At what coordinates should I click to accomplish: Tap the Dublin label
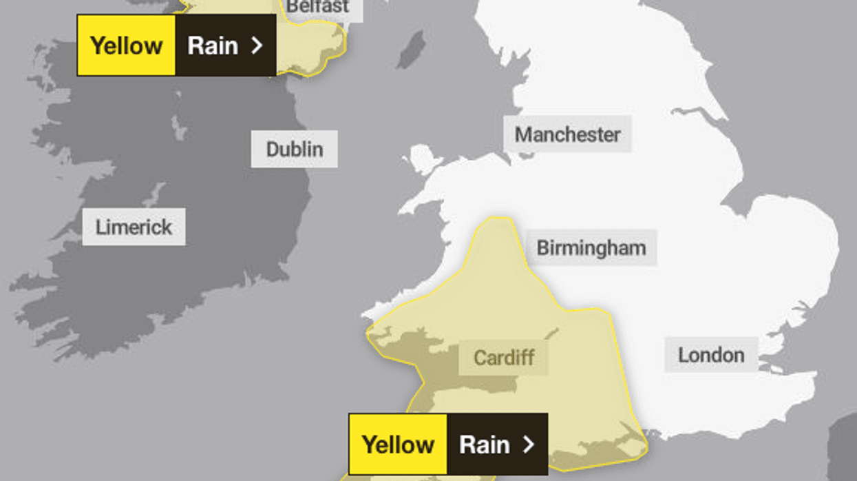(294, 149)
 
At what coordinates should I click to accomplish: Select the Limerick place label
(134, 227)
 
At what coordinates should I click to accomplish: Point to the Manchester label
(567, 134)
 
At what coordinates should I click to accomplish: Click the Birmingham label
(591, 248)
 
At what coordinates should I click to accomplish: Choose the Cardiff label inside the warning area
(504, 357)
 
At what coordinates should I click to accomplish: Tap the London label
(711, 355)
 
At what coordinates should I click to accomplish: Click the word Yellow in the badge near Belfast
(126, 45)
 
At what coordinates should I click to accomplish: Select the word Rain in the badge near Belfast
(213, 45)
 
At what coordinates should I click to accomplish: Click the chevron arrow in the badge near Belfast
(257, 45)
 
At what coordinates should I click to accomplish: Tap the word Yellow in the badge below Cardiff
(398, 444)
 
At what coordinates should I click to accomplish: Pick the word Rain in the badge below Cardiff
(485, 444)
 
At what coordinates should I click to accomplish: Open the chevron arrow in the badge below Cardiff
(529, 444)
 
